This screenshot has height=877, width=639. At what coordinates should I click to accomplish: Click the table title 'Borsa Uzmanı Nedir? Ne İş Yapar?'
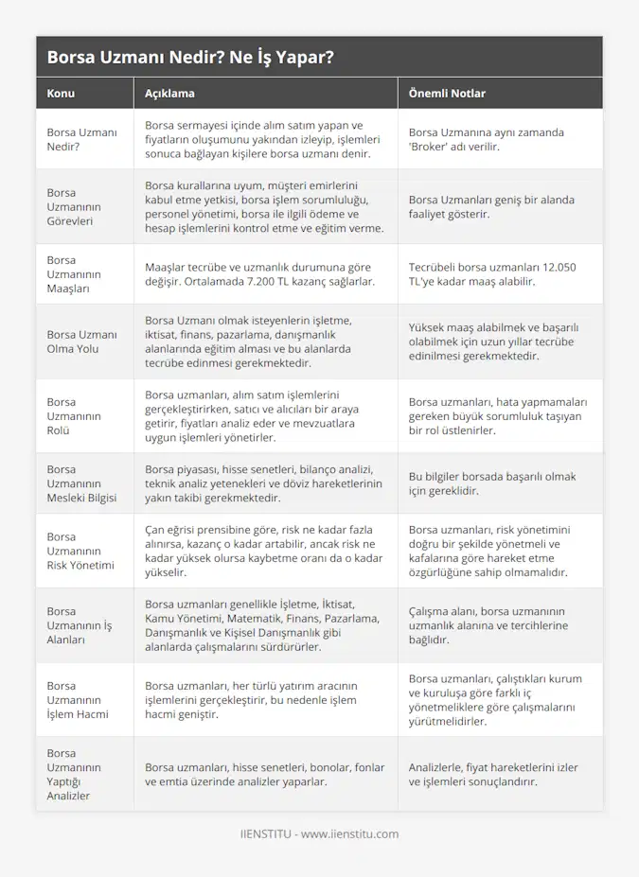click(x=189, y=58)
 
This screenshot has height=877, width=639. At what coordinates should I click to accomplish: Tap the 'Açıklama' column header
click(x=169, y=94)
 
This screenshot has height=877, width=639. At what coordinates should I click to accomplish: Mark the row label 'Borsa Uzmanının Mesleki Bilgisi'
click(x=81, y=483)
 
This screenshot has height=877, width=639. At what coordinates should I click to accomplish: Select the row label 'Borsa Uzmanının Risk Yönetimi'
click(x=80, y=551)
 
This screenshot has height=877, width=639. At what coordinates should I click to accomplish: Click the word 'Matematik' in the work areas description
click(x=257, y=619)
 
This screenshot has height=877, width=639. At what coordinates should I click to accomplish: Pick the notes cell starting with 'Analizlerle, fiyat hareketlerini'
click(x=493, y=775)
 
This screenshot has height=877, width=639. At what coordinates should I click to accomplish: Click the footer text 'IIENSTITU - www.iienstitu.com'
click(x=319, y=834)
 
